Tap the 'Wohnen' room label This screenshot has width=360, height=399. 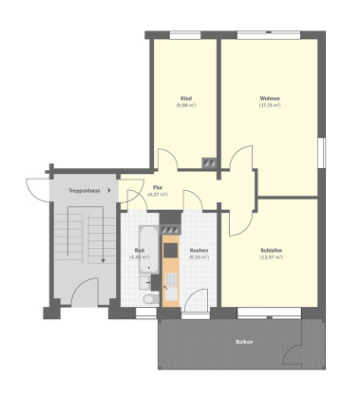tap(269, 99)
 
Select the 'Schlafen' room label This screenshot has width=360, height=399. tap(270, 251)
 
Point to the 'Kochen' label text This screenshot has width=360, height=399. tap(198, 251)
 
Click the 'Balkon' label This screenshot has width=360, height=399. tap(244, 340)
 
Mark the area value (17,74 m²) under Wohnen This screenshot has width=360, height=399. tap(269, 105)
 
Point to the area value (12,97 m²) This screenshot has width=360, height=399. tap(270, 257)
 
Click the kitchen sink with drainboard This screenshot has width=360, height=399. tap(171, 280)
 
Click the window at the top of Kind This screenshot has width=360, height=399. tap(186, 37)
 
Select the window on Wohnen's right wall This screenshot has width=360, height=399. tap(321, 152)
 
